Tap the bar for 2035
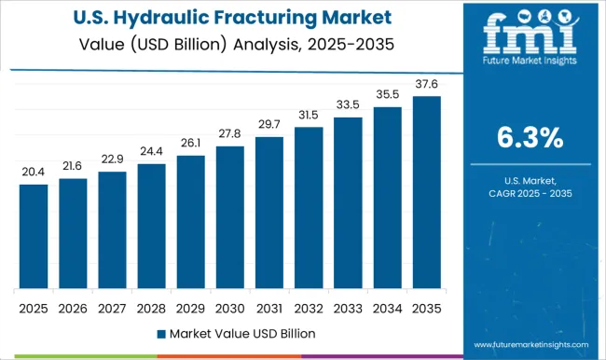pyautogui.click(x=426, y=192)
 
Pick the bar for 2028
pyautogui.click(x=151, y=226)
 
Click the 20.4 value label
pyautogui.click(x=34, y=173)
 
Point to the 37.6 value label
pyautogui.click(x=426, y=85)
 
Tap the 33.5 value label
pyautogui.click(x=348, y=105)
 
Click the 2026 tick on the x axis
pyautogui.click(x=73, y=306)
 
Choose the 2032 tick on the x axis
pyautogui.click(x=309, y=306)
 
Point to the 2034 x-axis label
pyautogui.click(x=387, y=306)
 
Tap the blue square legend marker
pyautogui.click(x=160, y=333)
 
